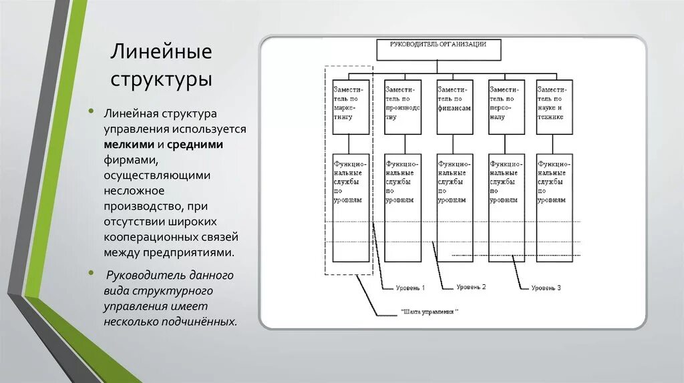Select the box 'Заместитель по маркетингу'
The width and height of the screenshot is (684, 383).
click(x=351, y=107)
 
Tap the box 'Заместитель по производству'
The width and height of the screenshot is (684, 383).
click(x=403, y=107)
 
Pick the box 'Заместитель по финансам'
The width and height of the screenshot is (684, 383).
click(x=455, y=107)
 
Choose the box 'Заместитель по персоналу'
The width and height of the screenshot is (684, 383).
click(x=506, y=107)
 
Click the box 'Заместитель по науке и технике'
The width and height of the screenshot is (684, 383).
click(x=554, y=107)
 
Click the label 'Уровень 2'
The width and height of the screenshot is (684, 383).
click(x=472, y=287)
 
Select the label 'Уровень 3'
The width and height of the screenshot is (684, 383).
click(x=546, y=288)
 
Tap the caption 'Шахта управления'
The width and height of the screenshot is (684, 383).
click(x=431, y=312)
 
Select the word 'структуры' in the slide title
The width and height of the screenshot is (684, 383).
click(x=161, y=79)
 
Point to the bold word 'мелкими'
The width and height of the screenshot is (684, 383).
click(x=128, y=144)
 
